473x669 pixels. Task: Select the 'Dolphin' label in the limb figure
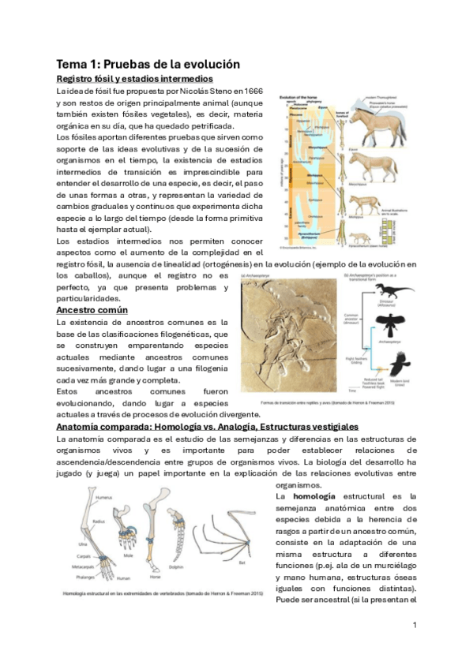tap(178, 566)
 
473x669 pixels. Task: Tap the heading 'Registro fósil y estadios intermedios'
tap(134, 79)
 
